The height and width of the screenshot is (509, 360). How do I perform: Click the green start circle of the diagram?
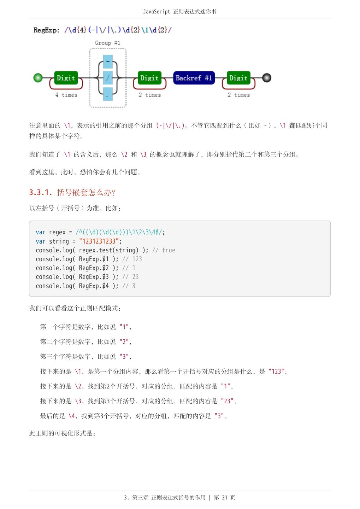(38, 78)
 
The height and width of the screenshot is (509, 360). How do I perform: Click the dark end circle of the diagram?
(267, 78)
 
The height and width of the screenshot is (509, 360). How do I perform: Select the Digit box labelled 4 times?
(66, 78)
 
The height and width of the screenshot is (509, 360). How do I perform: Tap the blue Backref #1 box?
(194, 78)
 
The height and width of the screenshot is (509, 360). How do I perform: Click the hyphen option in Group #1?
(108, 62)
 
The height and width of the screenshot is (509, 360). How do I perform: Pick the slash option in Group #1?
(108, 78)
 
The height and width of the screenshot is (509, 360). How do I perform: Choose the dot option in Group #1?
(108, 94)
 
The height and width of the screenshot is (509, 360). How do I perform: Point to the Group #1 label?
(107, 43)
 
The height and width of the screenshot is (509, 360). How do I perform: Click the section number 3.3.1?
(41, 192)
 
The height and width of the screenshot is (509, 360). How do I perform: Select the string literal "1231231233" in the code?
(99, 241)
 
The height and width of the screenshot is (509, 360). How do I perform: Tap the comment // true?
(164, 250)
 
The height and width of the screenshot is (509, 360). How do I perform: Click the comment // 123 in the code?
(132, 259)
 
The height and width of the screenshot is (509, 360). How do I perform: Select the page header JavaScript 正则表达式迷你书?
(180, 12)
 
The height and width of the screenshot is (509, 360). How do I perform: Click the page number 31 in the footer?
(225, 498)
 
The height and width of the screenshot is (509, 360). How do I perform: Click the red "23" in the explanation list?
(227, 401)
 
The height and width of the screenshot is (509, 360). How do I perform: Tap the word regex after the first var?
(57, 232)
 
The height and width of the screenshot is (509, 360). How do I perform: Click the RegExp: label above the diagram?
(47, 30)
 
